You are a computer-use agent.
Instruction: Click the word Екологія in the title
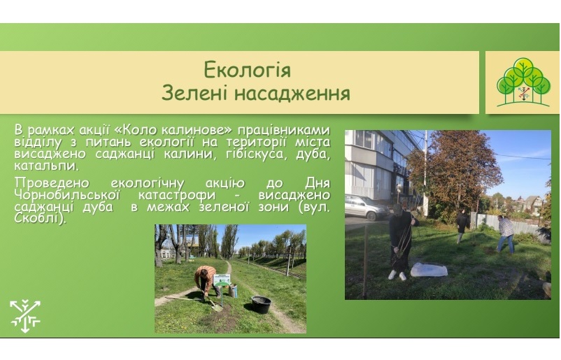pos(247,70)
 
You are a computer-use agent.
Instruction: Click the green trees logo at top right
pos(523,82)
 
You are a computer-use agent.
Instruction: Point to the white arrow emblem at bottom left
pos(25,316)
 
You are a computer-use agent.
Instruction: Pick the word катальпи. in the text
pos(46,166)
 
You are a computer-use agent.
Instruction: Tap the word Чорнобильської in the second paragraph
pos(67,195)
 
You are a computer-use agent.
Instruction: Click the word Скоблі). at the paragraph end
pos(40,218)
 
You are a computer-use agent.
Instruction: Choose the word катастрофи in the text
pos(177,195)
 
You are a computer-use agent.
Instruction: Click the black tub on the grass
pos(261,304)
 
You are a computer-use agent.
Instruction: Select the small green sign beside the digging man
pos(222,280)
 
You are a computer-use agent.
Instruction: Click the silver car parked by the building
pos(367,208)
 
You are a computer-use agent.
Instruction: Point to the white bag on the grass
pos(429,270)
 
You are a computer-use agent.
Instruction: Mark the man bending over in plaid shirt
pos(506,234)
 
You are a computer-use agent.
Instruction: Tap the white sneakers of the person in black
pos(397,275)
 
